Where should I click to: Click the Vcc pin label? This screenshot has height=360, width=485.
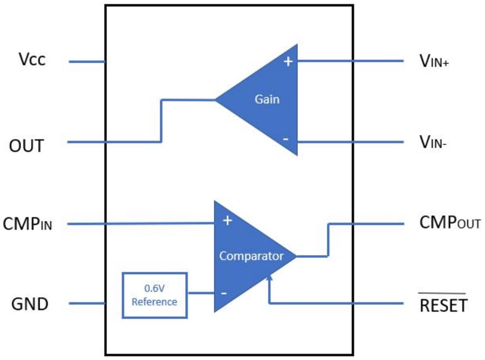(x=32, y=59)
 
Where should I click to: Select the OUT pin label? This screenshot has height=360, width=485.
(x=26, y=145)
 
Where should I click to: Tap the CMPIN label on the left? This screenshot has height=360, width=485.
(x=27, y=224)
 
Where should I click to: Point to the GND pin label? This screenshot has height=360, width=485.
(x=30, y=304)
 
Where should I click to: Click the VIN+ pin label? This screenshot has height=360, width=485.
(x=434, y=61)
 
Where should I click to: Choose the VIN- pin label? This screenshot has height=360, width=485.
(x=433, y=142)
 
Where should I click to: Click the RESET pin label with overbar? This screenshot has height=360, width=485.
(x=443, y=305)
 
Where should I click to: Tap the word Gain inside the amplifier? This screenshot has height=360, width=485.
(x=267, y=99)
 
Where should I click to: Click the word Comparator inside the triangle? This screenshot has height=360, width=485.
(x=251, y=256)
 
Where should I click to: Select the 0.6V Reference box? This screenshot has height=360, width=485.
(x=154, y=295)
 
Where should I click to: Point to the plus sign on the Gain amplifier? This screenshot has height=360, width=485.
(x=288, y=62)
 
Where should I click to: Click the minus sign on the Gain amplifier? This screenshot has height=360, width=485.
(x=286, y=139)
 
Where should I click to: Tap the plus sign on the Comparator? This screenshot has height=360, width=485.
(x=227, y=220)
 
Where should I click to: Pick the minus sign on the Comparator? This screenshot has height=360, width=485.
(x=224, y=293)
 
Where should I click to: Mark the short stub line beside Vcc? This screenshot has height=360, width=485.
(x=87, y=62)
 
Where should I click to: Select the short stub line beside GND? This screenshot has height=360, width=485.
(x=87, y=303)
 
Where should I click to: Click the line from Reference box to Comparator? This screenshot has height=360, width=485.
(x=201, y=293)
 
